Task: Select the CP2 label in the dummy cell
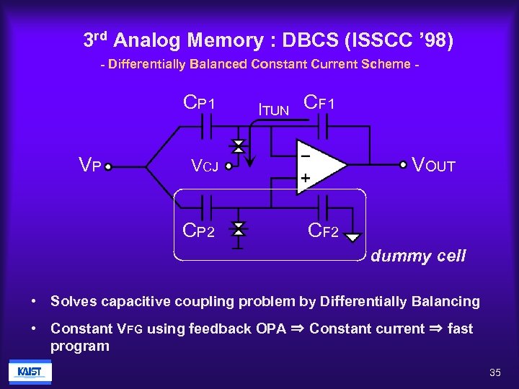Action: click(199, 231)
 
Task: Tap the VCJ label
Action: click(204, 166)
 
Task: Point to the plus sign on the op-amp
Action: click(306, 176)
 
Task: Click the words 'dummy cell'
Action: click(418, 256)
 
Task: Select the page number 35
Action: click(494, 372)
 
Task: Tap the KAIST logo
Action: click(30, 372)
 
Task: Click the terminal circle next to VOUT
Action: click(403, 165)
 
